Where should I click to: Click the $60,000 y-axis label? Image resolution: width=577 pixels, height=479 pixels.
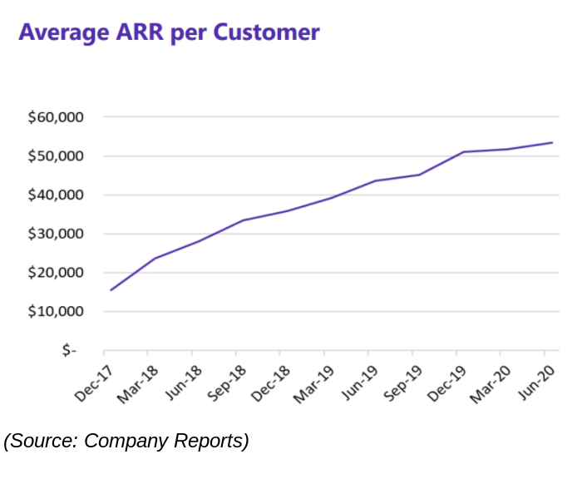56,117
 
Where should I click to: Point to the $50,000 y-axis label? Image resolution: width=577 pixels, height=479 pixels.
56,156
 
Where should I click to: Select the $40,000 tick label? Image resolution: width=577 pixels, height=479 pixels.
56,195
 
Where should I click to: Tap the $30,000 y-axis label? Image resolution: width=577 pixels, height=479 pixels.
56,234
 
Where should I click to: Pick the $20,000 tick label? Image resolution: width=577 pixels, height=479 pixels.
56,273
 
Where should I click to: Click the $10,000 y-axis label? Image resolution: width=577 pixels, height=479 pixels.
56,312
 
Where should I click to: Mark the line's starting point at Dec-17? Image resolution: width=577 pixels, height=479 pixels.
111,289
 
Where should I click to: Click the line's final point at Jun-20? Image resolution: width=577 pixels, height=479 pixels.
552,142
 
